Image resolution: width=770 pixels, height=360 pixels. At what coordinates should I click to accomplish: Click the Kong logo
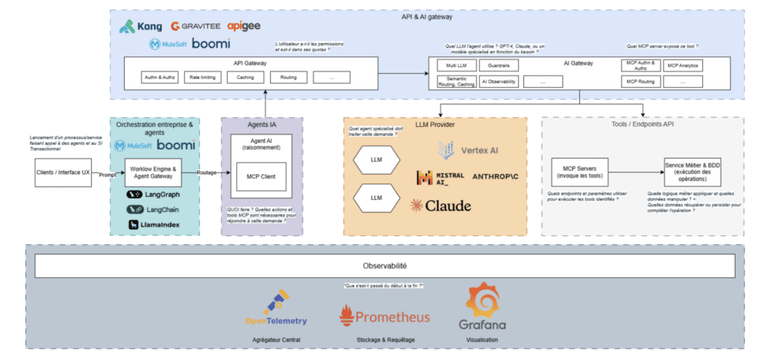tap(141, 26)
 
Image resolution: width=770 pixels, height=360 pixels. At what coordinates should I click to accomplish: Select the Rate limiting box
tap(203, 77)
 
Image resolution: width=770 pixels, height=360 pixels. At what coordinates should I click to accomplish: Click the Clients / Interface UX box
tap(63, 172)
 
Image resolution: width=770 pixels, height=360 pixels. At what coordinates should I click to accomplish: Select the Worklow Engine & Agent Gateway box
tap(153, 172)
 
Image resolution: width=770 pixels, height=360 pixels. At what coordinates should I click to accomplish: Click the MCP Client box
tap(262, 177)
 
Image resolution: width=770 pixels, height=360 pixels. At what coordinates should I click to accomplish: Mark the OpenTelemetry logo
tap(275, 307)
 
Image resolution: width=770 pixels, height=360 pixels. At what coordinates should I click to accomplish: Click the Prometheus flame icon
tap(347, 316)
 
